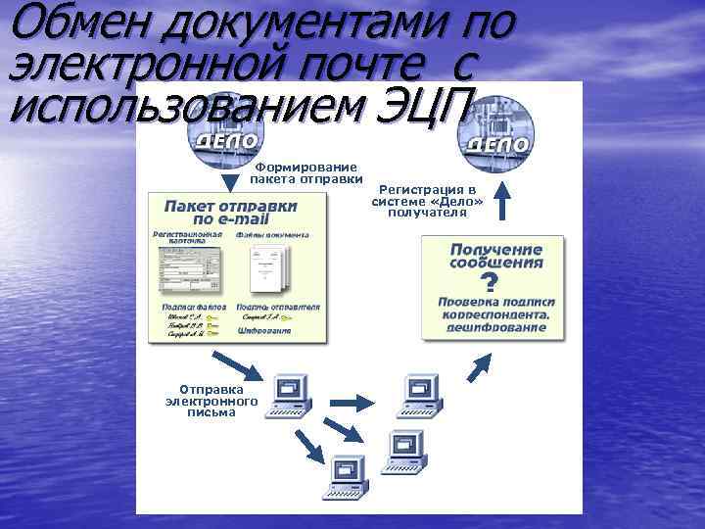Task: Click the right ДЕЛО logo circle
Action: (x=496, y=137)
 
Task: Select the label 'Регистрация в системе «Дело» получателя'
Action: (x=427, y=200)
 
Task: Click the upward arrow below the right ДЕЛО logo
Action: (x=501, y=204)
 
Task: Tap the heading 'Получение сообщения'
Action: (x=496, y=256)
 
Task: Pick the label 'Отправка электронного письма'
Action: (x=211, y=400)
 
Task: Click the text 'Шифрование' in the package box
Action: (x=264, y=331)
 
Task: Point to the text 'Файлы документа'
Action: (x=272, y=235)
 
